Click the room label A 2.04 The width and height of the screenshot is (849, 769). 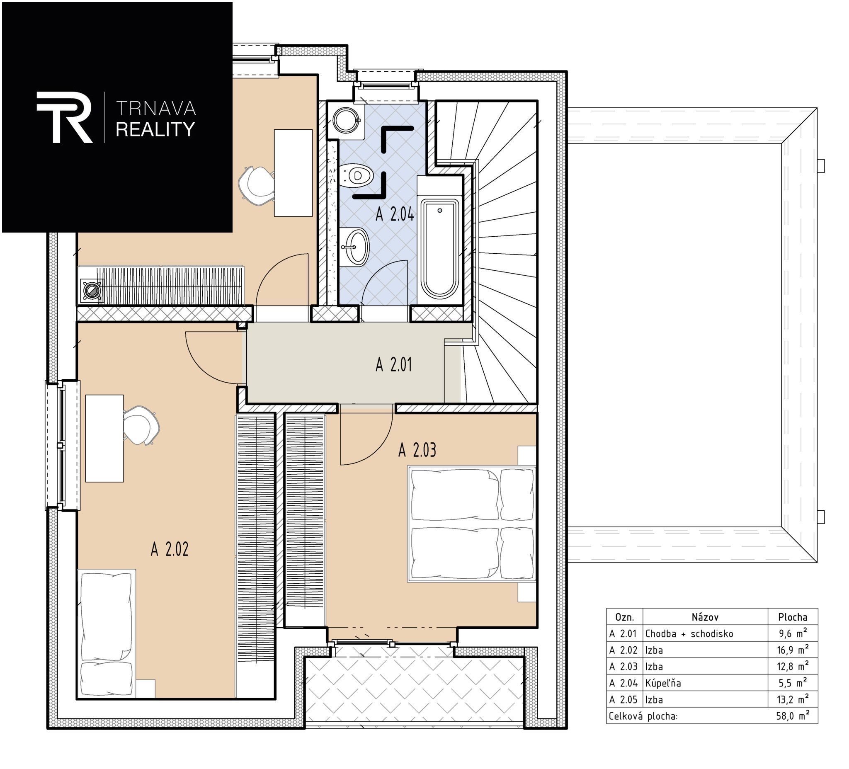point(395,215)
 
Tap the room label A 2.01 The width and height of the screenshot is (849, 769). point(393,365)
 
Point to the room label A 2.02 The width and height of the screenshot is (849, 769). point(169,549)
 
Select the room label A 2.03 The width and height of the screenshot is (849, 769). point(417,450)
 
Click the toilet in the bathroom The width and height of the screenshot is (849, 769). point(356,176)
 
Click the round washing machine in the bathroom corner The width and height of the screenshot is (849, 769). point(346,120)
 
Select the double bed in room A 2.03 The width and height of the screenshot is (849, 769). point(472,524)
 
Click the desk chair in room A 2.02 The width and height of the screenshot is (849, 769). point(141,425)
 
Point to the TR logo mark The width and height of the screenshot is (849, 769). point(64,117)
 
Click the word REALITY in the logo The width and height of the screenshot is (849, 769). point(155,129)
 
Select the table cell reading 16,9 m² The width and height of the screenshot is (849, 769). point(793,650)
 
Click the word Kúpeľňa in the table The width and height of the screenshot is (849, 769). point(663,683)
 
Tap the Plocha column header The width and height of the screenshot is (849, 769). point(793,617)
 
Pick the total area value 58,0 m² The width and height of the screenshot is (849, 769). point(793,716)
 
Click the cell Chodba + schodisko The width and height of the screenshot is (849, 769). point(689,633)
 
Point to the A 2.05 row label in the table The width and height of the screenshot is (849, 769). point(623,699)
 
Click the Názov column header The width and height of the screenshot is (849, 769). point(705,617)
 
